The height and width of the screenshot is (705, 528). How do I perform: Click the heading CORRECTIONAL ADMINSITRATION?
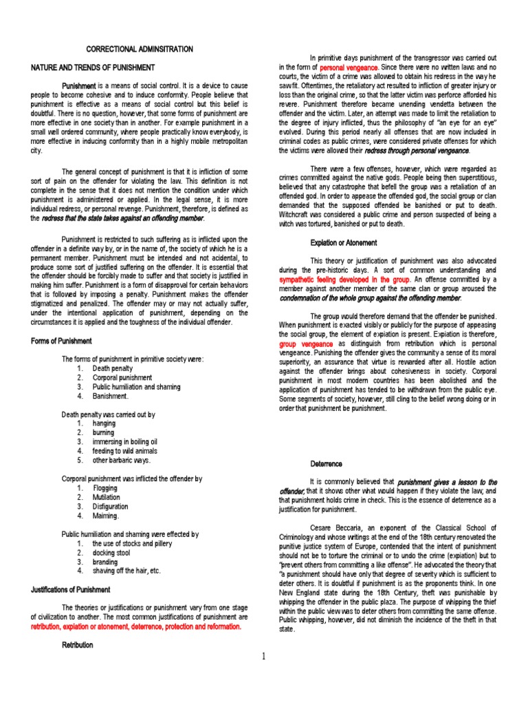(140, 50)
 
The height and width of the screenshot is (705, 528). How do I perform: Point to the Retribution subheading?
(77, 646)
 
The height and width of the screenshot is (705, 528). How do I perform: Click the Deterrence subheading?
(326, 463)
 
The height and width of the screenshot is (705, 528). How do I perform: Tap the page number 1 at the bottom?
(263, 656)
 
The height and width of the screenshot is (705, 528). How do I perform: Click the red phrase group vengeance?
(306, 343)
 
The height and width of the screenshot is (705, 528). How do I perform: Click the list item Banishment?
(111, 397)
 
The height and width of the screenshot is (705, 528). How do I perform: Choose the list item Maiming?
(106, 515)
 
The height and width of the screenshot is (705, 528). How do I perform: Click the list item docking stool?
(111, 552)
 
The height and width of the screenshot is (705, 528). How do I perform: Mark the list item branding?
(105, 561)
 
